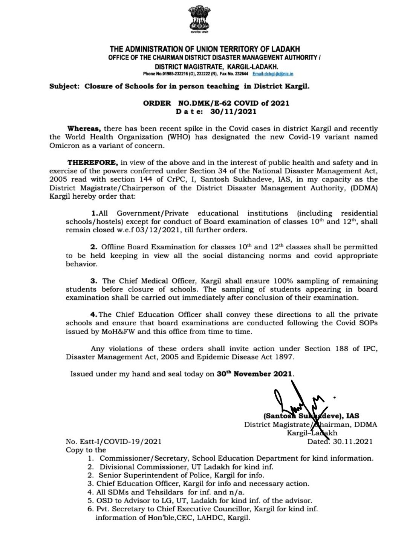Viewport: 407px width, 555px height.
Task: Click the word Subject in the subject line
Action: pos(64,86)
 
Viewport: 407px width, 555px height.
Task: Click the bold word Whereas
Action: pos(87,129)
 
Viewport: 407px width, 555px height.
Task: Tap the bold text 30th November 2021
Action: pos(254,374)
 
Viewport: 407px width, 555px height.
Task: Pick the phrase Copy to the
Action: pos(86,450)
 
